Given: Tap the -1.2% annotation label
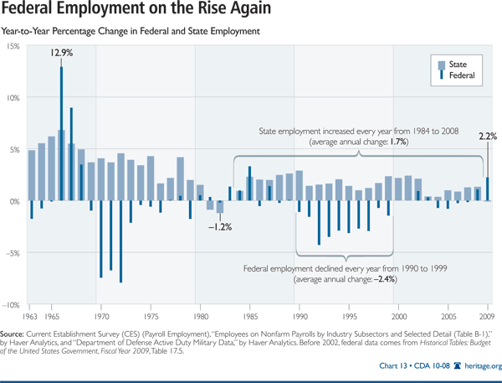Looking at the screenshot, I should point(220,226).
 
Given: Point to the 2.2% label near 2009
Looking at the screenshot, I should point(487,135).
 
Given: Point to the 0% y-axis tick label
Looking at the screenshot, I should point(13,201).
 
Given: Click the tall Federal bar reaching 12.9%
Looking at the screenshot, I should point(61,126).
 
